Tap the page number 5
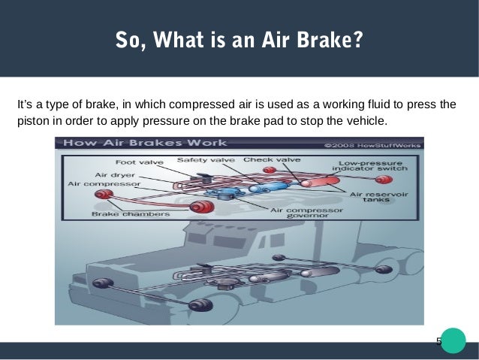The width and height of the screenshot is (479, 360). [439, 342]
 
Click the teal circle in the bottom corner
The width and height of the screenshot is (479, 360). [453, 340]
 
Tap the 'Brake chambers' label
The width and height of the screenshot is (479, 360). [120, 213]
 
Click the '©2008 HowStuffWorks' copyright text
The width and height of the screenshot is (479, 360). [373, 144]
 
